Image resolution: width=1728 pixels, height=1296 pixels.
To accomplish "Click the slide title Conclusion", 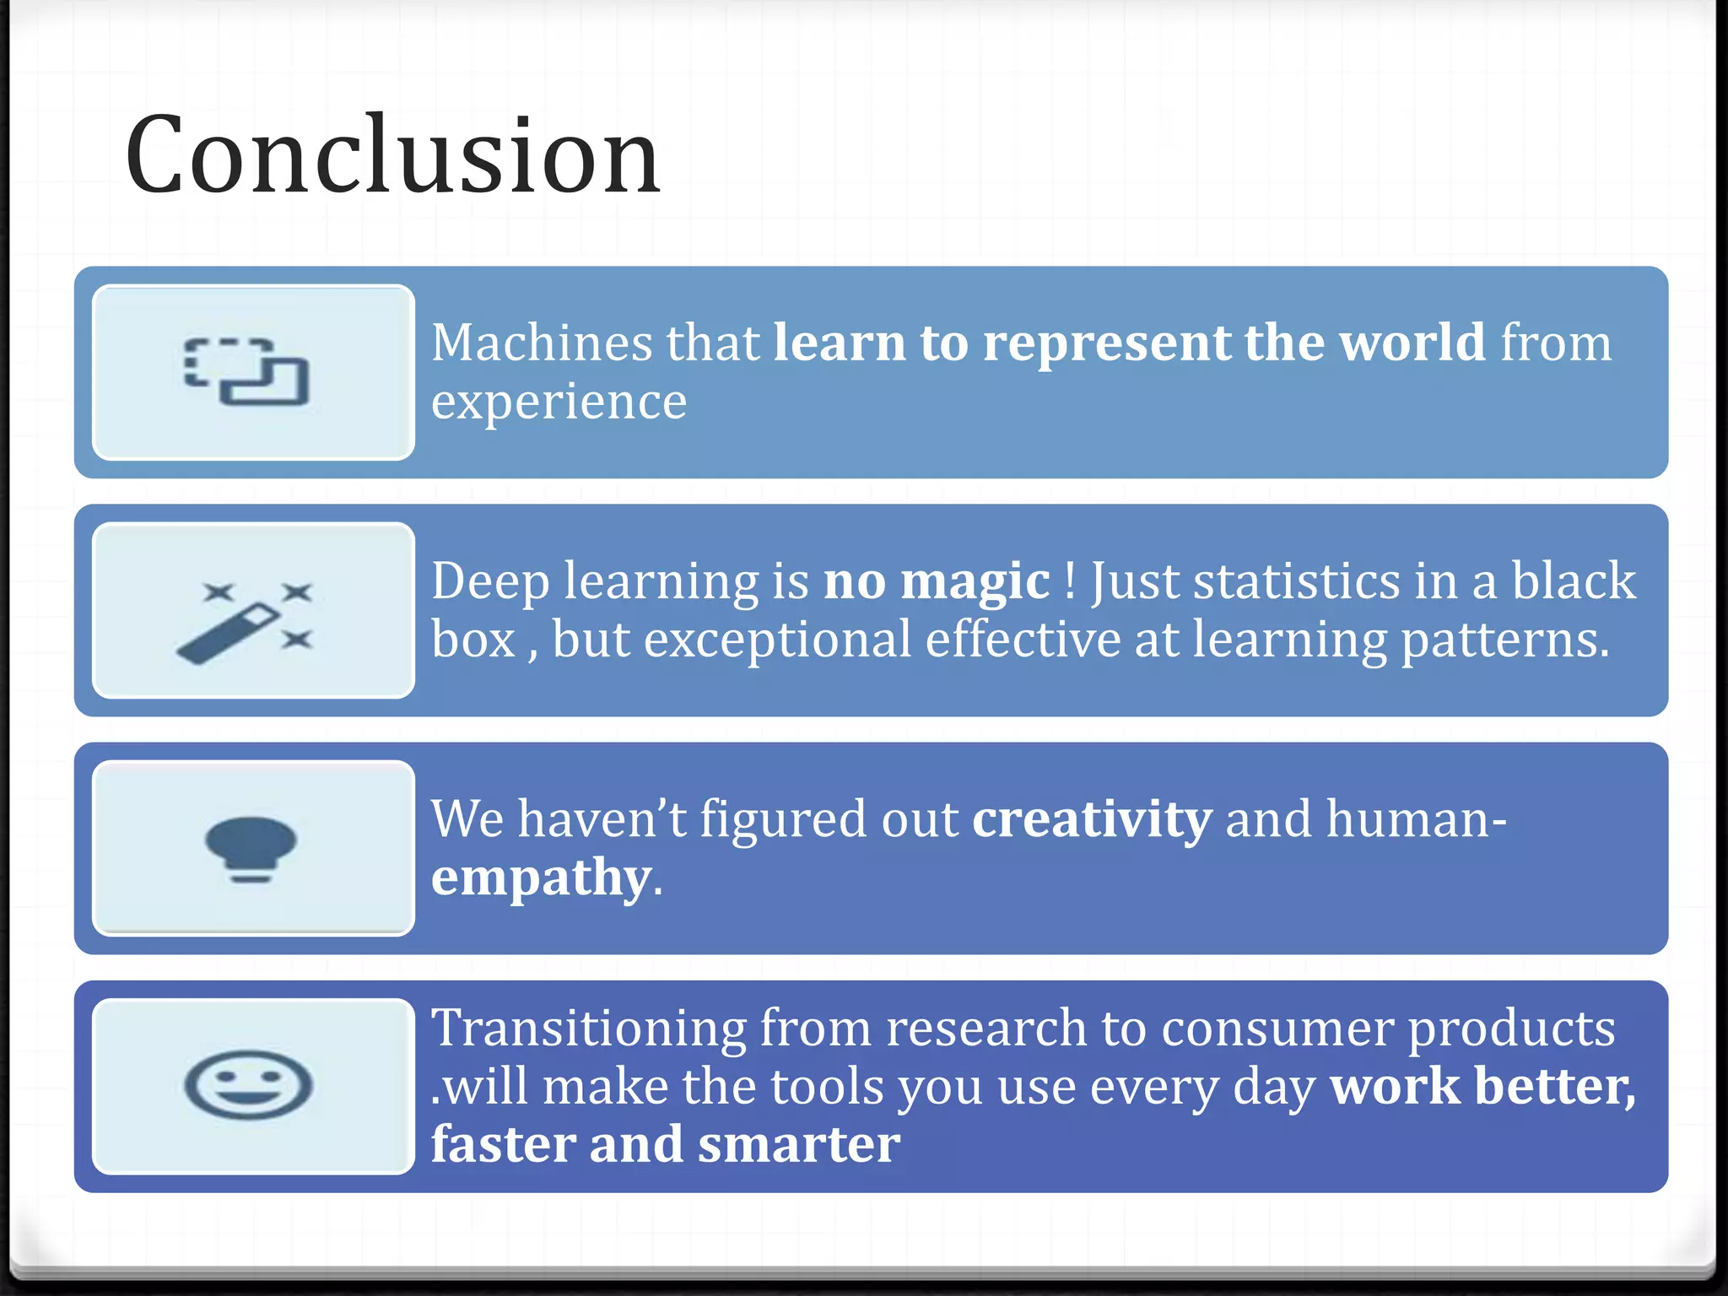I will click(x=392, y=156).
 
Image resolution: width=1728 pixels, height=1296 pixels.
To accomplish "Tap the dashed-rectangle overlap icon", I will click(x=246, y=372).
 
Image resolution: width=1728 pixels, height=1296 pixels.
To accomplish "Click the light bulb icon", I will click(x=251, y=849).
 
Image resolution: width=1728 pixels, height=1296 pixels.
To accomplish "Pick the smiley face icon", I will click(x=248, y=1085).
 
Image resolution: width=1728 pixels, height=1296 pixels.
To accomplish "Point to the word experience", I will click(x=559, y=402).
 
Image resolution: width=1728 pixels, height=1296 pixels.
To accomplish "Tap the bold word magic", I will click(x=975, y=581).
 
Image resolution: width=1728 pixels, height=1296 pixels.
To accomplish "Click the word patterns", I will click(x=1504, y=640).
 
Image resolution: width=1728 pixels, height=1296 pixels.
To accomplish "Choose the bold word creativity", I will click(x=1092, y=819).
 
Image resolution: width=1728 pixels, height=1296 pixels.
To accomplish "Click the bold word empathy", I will click(x=541, y=878).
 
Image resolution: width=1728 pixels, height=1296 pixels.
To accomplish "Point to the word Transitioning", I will click(x=588, y=1029).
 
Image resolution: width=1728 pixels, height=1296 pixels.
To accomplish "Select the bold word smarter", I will click(x=798, y=1145).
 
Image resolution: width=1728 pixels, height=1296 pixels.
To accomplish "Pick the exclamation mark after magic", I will click(x=1070, y=581).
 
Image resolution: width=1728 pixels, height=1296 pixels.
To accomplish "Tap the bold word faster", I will click(x=503, y=1145).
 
